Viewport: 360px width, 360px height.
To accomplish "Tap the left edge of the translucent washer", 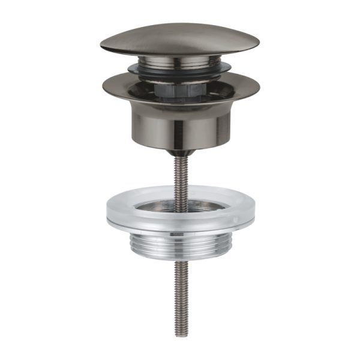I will click(x=108, y=210).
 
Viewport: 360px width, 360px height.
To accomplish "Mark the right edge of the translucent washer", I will click(x=252, y=210).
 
